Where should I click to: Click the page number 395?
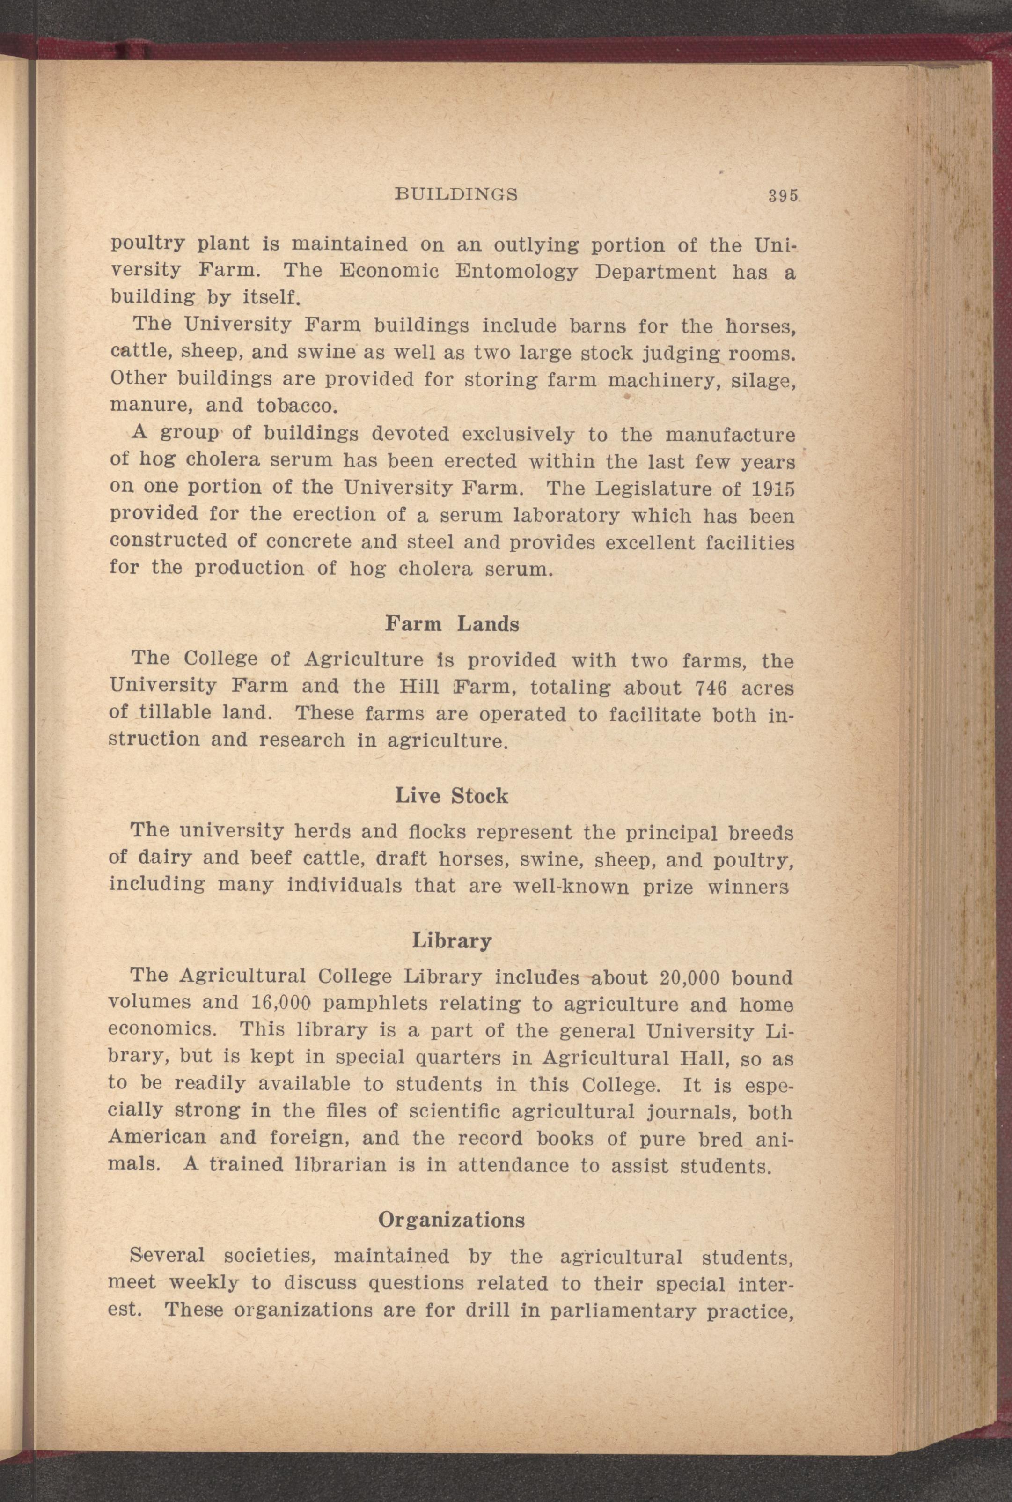(784, 194)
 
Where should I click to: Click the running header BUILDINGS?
(455, 194)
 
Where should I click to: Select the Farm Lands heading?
(452, 624)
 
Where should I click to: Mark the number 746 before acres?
(712, 688)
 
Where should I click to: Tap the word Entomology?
(516, 272)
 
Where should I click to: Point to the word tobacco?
(296, 406)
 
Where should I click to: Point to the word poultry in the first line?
(148, 246)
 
